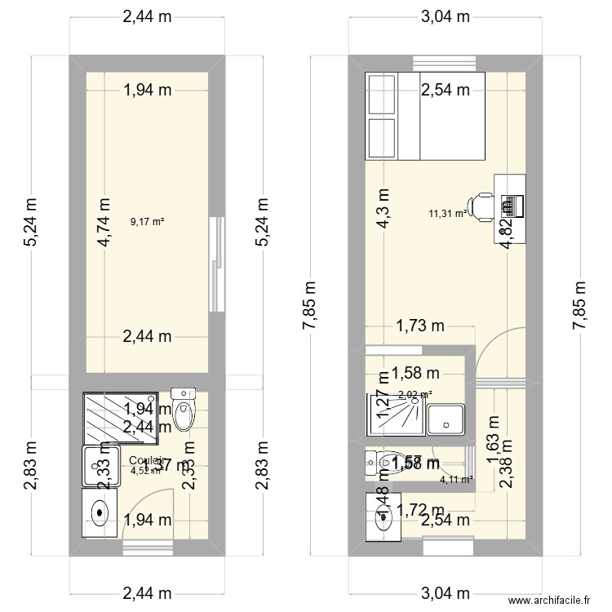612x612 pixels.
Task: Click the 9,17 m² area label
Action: (148, 220)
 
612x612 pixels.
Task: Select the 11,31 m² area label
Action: (447, 214)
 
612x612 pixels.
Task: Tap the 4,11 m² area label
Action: (456, 480)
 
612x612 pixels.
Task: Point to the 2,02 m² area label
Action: (415, 395)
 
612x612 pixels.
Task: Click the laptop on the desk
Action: (512, 206)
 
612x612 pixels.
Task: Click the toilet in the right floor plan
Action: (384, 463)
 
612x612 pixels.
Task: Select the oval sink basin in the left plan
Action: (100, 512)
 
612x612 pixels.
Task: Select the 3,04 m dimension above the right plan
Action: (444, 16)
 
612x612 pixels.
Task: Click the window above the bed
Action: (444, 62)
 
